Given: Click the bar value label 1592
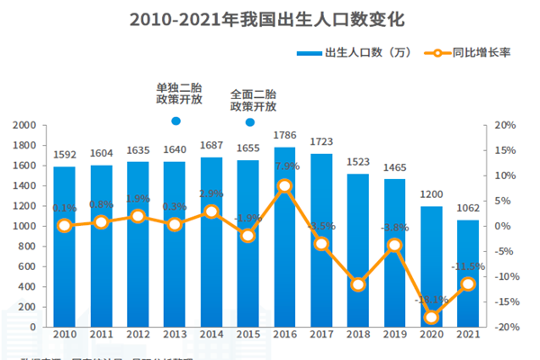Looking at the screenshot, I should pos(65,155).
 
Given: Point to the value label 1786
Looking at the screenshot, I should pos(284,135).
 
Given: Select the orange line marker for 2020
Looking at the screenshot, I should pos(431,317).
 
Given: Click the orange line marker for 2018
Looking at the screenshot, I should pos(358,284).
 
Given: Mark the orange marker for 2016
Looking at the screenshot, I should pos(284,186).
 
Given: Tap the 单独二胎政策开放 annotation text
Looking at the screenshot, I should pos(175,94).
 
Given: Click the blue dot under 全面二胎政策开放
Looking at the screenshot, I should pos(249,121).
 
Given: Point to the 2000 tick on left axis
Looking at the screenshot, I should pos(24,125).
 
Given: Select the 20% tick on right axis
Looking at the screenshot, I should pos(504,125).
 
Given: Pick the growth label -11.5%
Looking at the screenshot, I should pos(468,267).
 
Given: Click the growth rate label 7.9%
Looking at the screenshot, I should pos(286,166).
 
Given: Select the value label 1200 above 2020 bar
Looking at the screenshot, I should pos(431,194).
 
